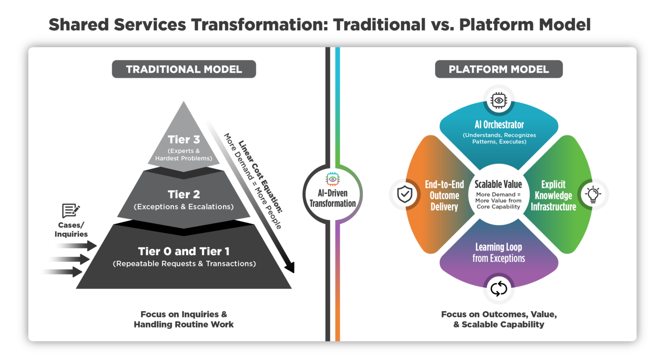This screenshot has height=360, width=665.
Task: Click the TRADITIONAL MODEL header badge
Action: tap(184, 69)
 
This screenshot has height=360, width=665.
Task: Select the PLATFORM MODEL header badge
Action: tap(499, 69)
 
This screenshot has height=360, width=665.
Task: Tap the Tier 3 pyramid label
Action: tap(184, 139)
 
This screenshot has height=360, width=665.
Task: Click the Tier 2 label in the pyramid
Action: tap(184, 194)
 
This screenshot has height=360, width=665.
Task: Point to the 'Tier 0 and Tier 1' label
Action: tap(184, 251)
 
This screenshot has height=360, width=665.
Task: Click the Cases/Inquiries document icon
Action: tap(71, 211)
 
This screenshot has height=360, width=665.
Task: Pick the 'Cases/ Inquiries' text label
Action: tap(71, 230)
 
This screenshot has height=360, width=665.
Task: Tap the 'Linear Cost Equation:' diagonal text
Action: tap(260, 177)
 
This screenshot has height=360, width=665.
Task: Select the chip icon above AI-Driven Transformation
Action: tap(332, 179)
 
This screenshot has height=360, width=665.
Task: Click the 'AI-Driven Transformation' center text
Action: tap(332, 198)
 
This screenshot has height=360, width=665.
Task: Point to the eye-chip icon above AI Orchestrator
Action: tap(499, 100)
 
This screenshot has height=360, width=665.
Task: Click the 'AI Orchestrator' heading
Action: tap(499, 125)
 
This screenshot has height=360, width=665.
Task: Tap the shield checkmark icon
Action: tap(404, 195)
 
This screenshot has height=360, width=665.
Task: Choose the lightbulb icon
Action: tap(593, 195)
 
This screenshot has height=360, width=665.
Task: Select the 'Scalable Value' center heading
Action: tap(498, 184)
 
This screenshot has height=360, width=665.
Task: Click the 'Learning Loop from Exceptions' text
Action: tap(499, 253)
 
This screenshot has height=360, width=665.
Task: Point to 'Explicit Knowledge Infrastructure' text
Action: tap(553, 196)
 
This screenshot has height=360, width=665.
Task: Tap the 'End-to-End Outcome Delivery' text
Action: tap(444, 196)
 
